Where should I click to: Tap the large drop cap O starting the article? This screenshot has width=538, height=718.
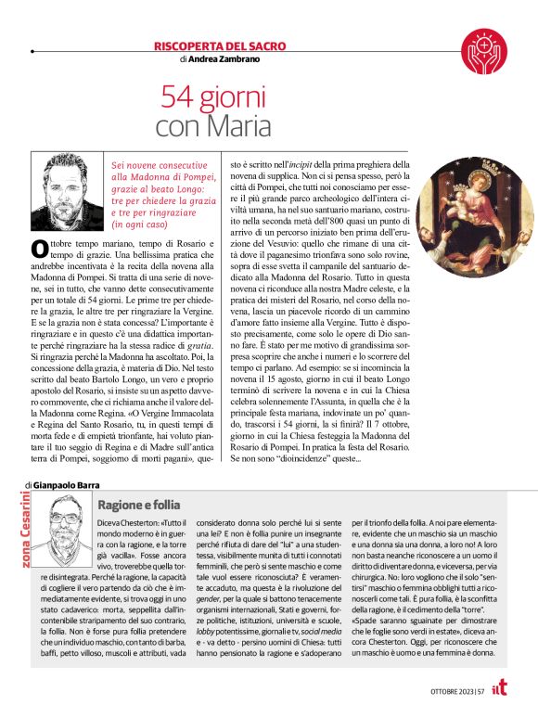pos(40,248)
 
